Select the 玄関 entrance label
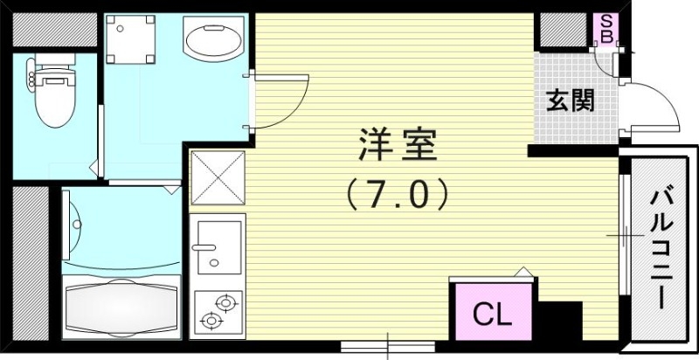click(x=571, y=101)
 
